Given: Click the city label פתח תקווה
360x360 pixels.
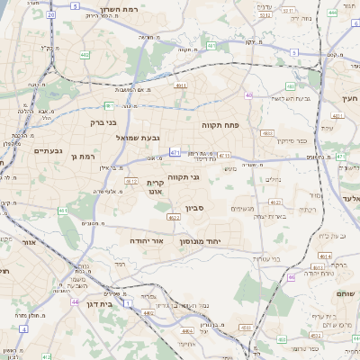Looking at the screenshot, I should [x=219, y=125].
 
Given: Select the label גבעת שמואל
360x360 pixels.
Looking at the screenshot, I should [x=138, y=138].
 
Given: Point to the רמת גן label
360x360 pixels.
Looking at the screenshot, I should [x=83, y=157].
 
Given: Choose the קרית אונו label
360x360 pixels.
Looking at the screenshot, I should [x=154, y=186].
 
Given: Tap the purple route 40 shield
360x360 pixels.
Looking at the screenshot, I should [x=247, y=95].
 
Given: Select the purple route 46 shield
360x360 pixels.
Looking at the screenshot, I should [x=291, y=277].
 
